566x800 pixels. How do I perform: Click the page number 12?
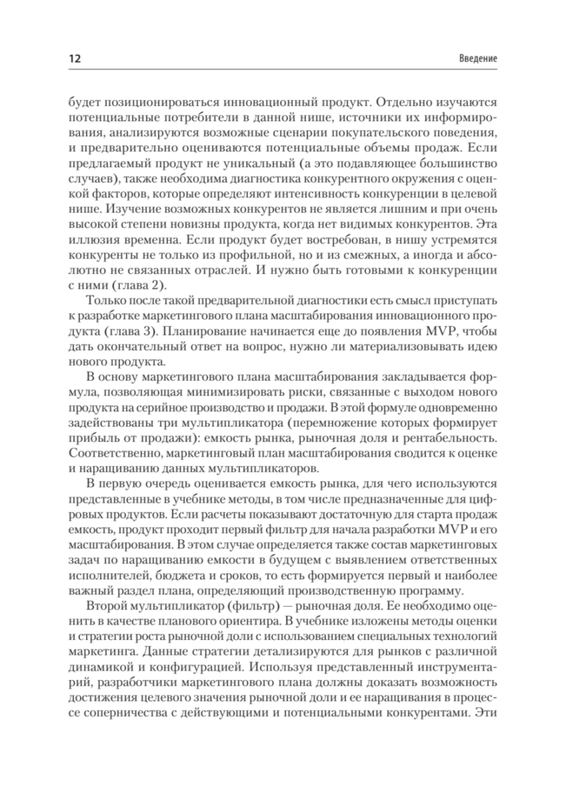click(75, 59)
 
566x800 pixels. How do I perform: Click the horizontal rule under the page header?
click(283, 70)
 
